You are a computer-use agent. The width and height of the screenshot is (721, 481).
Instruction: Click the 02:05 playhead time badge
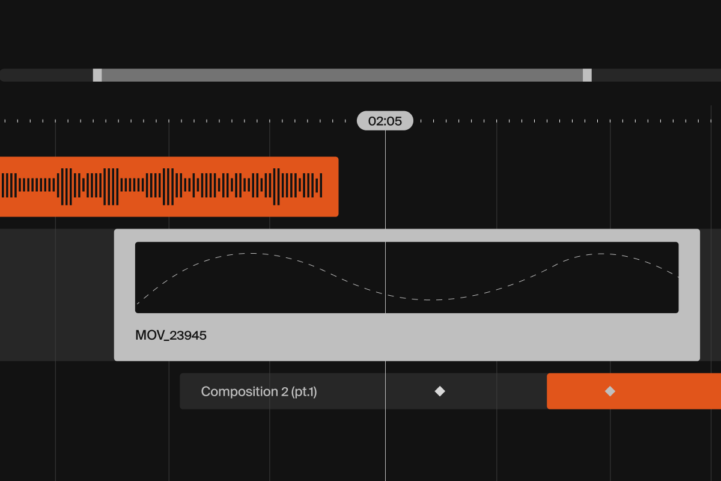[x=385, y=121]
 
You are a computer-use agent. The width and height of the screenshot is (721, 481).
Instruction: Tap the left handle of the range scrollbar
[x=97, y=75]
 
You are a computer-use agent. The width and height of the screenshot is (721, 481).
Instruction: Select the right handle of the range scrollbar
[x=587, y=75]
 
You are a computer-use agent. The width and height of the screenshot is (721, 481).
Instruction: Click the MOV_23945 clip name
[x=171, y=335]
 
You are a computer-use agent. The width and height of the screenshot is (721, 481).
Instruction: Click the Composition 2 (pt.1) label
[x=259, y=391]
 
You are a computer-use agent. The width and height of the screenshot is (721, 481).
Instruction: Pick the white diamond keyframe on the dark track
[x=440, y=391]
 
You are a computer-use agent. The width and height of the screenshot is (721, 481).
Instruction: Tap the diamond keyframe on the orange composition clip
[x=610, y=391]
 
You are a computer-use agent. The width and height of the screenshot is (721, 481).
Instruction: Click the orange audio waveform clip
[x=169, y=187]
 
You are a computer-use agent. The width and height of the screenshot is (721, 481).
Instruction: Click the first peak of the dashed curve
[x=253, y=254]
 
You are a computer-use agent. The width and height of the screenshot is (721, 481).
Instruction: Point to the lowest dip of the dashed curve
[x=428, y=300]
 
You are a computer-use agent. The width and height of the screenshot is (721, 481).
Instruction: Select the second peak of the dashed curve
[x=601, y=254]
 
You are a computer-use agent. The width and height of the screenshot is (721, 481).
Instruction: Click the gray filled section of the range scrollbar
[x=342, y=75]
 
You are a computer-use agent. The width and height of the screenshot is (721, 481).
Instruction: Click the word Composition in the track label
[x=240, y=392]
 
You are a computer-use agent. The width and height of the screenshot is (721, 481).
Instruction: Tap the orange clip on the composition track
[x=634, y=391]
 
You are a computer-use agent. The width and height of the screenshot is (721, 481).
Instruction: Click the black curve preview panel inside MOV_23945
[x=407, y=277]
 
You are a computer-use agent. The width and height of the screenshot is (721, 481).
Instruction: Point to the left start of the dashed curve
[x=138, y=304]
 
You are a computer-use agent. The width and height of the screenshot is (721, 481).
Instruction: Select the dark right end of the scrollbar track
[x=656, y=75]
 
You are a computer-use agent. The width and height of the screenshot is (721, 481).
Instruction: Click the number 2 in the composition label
[x=285, y=391]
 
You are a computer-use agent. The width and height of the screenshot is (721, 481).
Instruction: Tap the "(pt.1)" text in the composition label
[x=304, y=392]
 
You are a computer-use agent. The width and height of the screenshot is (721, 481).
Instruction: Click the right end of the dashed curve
[x=678, y=277]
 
